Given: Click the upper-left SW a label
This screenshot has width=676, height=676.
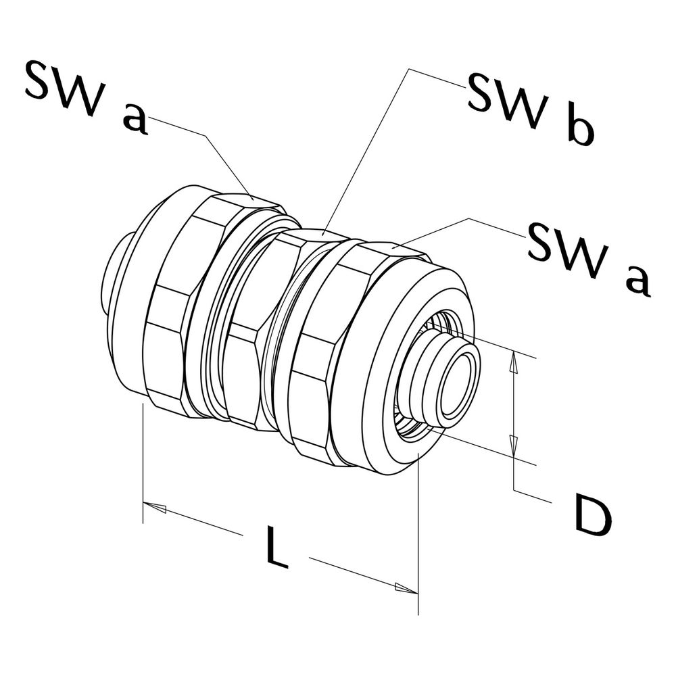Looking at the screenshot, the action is [x=87, y=96].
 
